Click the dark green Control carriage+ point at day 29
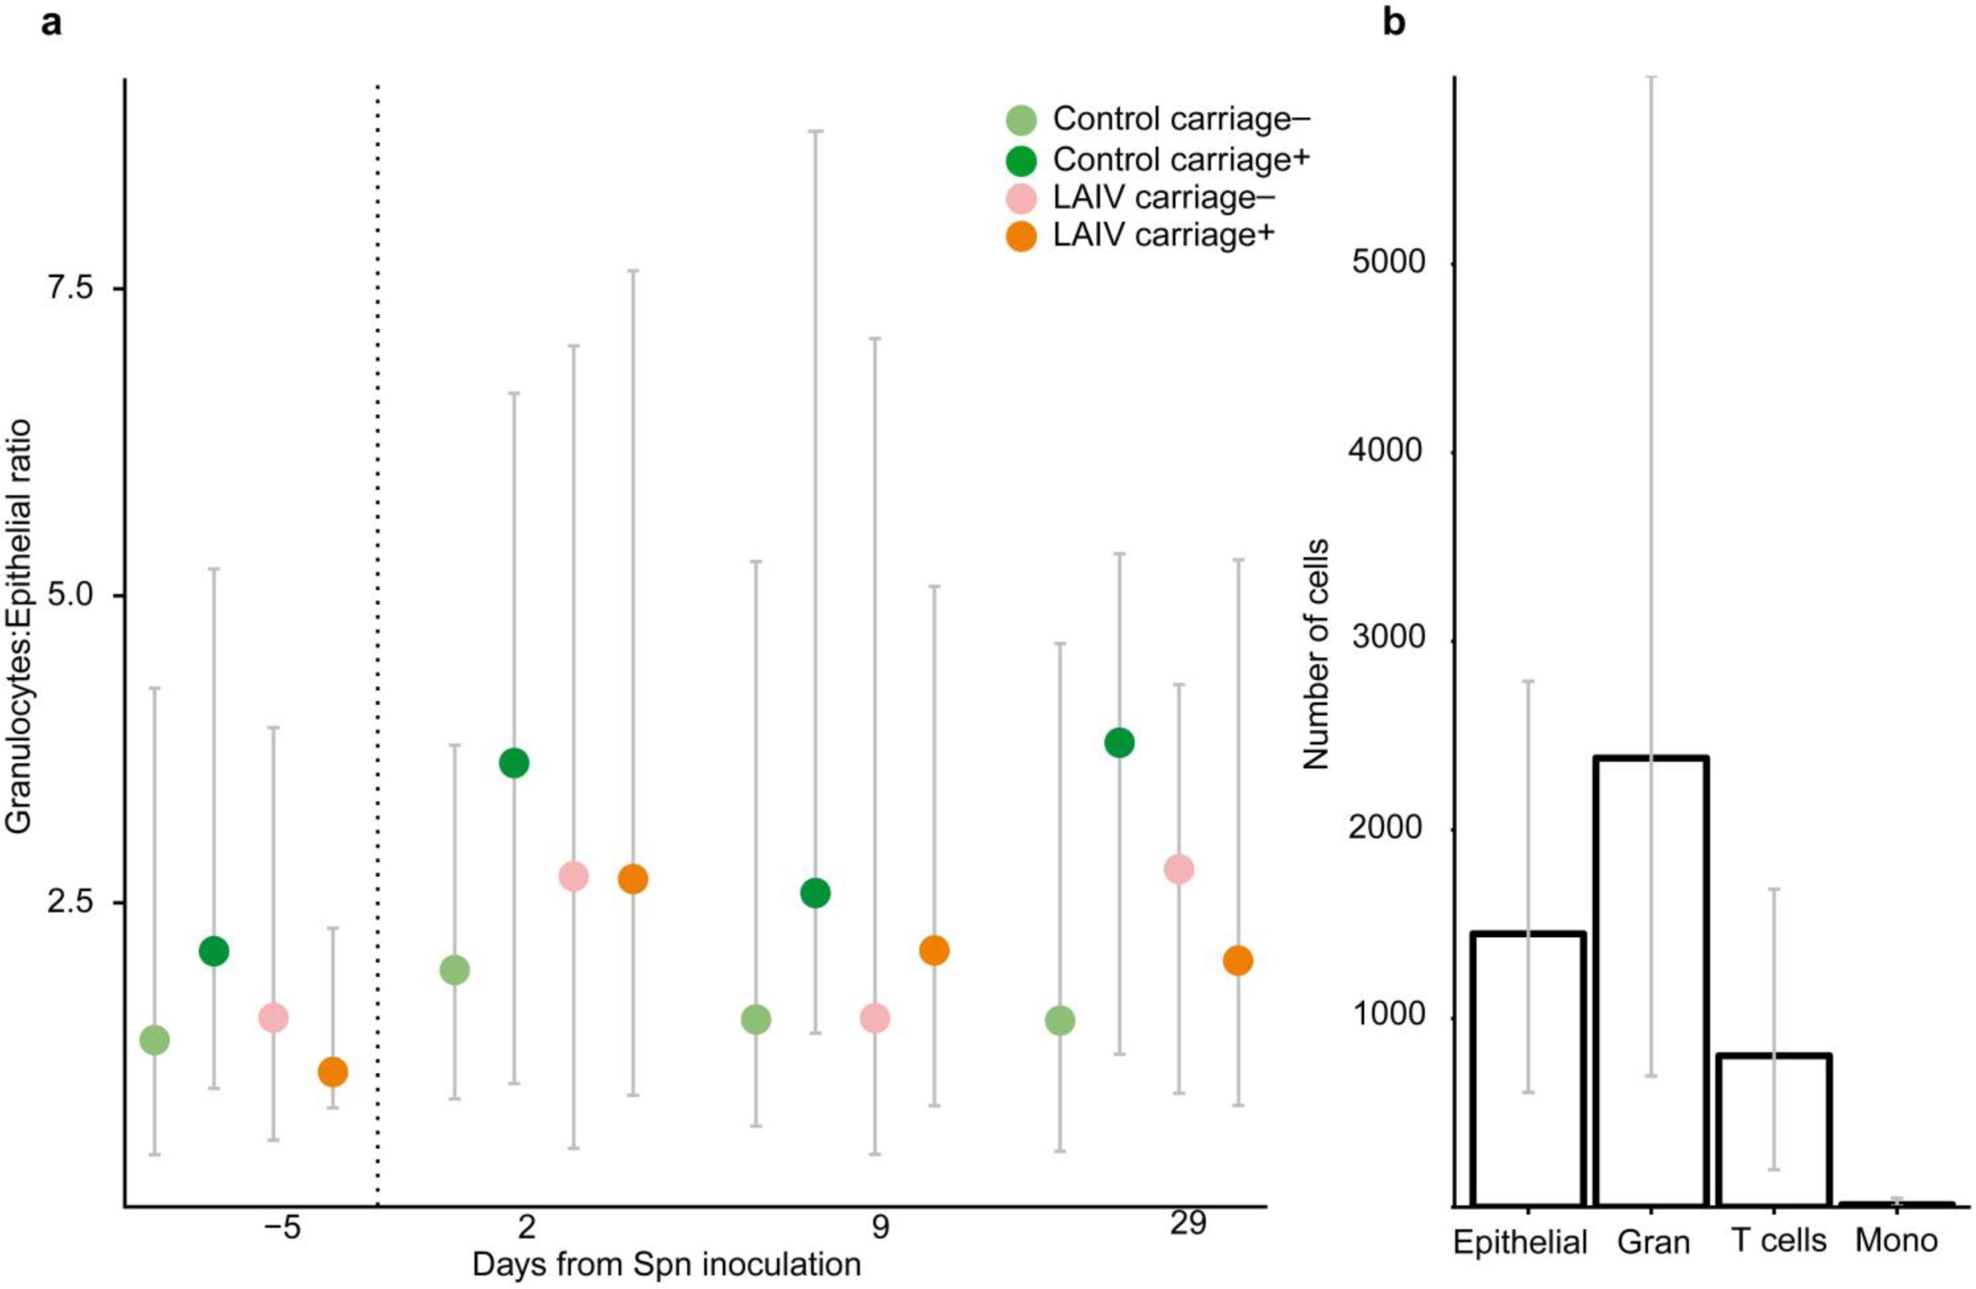[1119, 743]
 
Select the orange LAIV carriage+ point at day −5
[333, 1072]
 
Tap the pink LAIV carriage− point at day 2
[573, 876]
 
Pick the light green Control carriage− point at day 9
[756, 1020]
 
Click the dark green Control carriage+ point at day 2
[514, 763]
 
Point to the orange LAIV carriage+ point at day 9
[933, 950]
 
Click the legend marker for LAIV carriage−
[1021, 199]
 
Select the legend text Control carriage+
[1182, 159]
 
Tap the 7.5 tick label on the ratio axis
[70, 288]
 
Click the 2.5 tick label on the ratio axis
[70, 903]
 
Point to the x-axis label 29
[1188, 1224]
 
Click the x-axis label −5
[282, 1227]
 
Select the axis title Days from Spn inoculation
[666, 1264]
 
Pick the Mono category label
[1896, 1241]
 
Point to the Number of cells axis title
[1315, 655]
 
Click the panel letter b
[1394, 22]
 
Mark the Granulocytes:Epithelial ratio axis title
[19, 626]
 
